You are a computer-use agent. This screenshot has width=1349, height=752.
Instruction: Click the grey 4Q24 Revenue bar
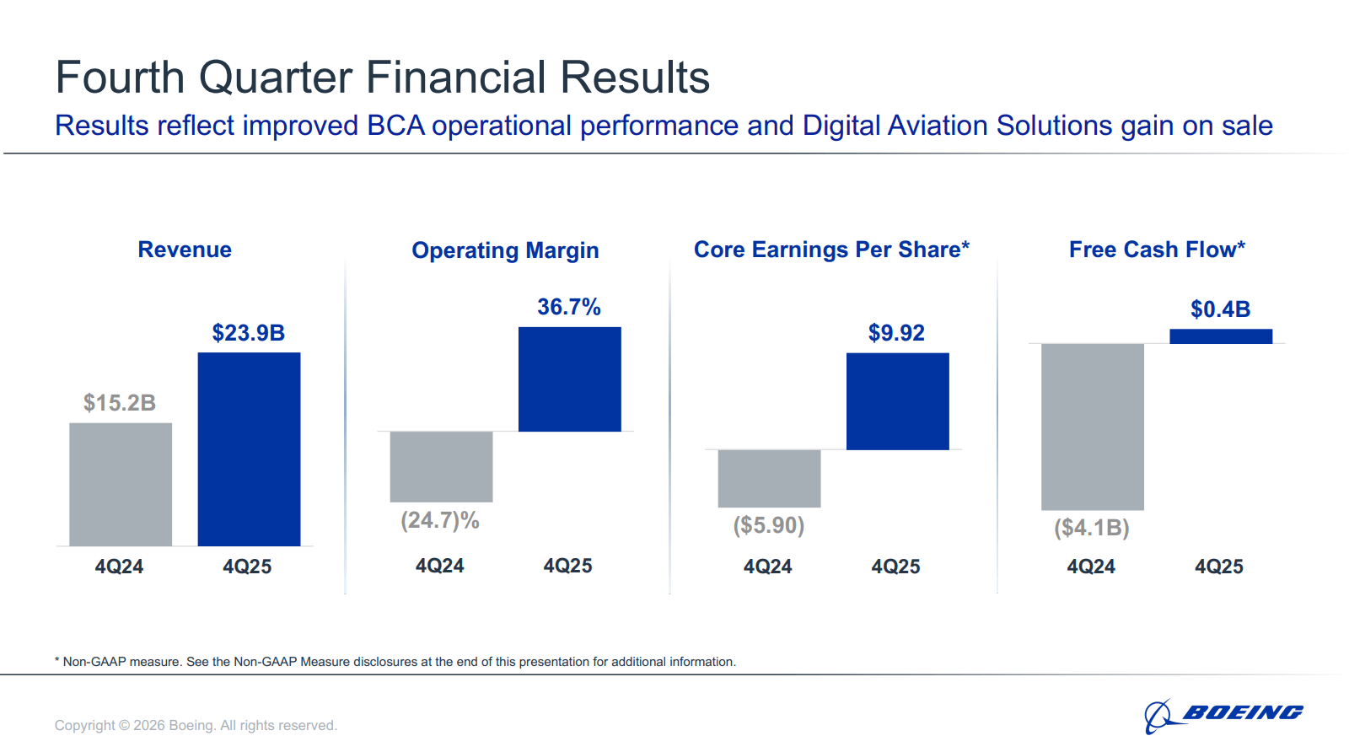[121, 484]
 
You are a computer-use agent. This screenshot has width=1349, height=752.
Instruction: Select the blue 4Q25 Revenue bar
[249, 449]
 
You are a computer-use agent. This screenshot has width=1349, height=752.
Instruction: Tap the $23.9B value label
[249, 333]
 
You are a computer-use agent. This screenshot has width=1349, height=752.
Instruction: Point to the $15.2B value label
[120, 403]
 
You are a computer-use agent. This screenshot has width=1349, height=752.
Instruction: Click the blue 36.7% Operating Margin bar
[569, 379]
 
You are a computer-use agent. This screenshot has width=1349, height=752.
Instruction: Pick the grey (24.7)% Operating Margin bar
[441, 466]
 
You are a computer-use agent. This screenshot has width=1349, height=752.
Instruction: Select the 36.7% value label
[569, 307]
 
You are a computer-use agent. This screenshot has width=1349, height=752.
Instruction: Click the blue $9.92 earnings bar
[897, 401]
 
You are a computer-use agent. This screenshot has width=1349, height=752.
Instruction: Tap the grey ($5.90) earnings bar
[769, 478]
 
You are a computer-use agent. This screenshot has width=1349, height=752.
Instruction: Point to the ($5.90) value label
[769, 526]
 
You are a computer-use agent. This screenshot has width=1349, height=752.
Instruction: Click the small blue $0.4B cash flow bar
[1220, 336]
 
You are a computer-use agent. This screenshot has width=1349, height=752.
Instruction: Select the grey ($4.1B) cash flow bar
[1092, 427]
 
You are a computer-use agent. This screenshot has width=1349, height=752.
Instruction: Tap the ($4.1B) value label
[1092, 529]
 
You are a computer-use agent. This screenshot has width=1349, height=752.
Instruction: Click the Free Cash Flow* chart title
[1157, 250]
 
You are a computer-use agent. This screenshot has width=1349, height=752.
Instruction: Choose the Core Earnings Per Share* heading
[831, 250]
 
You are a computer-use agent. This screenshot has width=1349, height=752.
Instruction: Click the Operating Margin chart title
[505, 250]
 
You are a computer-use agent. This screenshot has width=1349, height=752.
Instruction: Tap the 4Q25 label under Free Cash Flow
[1218, 567]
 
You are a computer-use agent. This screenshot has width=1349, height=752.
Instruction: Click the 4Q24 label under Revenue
[119, 567]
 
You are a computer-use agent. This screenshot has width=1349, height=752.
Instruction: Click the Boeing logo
[1223, 715]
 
